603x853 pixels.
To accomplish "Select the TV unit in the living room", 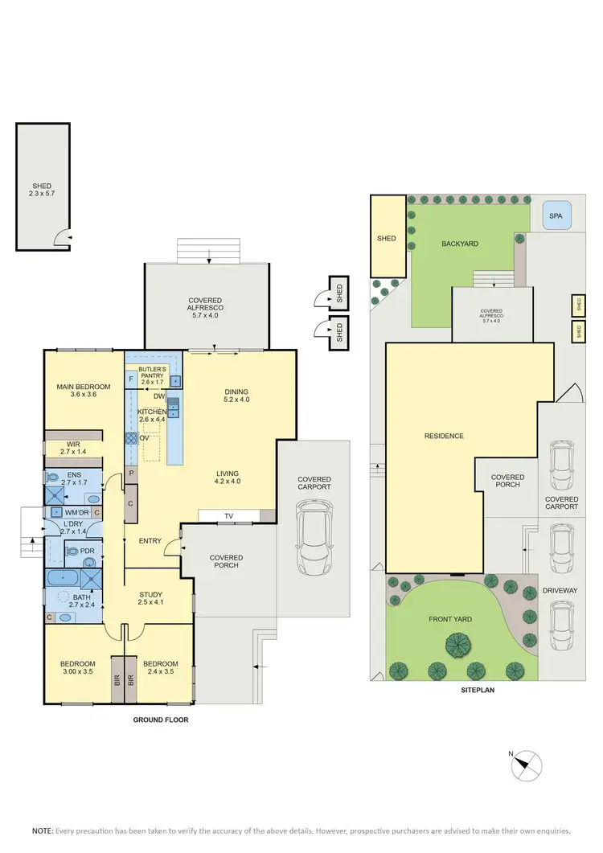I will (228, 516).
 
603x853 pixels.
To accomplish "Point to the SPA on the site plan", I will (555, 216).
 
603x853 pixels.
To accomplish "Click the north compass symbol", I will (527, 762).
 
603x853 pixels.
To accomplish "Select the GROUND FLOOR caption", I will (160, 720).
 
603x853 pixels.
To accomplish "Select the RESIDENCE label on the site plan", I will (445, 436).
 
